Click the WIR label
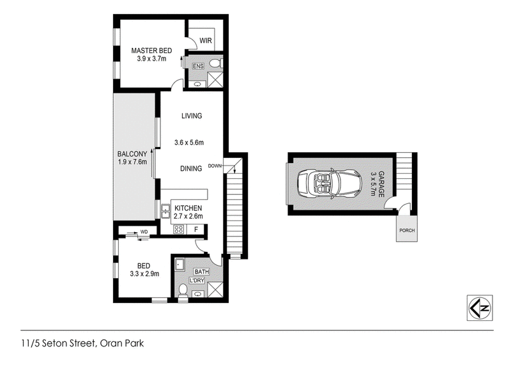click(206, 40)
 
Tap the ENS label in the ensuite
click(198, 66)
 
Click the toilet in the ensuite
click(217, 63)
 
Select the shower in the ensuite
click(215, 80)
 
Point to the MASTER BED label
click(151, 50)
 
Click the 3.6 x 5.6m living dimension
click(189, 143)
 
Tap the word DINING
click(191, 169)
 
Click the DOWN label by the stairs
click(215, 166)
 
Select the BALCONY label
click(132, 154)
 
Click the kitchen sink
click(165, 211)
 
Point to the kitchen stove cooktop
click(179, 229)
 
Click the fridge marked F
click(196, 229)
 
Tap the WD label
click(144, 232)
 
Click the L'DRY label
click(197, 281)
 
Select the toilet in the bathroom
click(183, 291)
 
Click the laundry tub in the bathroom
click(180, 265)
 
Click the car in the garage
click(330, 183)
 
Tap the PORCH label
click(407, 230)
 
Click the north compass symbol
click(480, 308)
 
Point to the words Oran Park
click(122, 343)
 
